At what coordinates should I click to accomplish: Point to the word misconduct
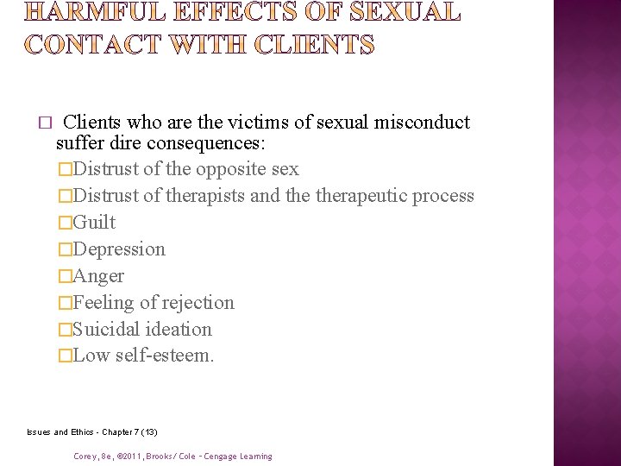(422, 122)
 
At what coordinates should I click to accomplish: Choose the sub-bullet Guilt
(94, 222)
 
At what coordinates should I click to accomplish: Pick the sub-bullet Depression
(119, 249)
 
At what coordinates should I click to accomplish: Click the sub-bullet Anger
(98, 275)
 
